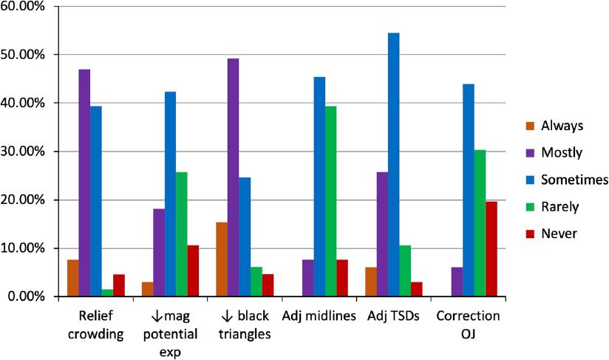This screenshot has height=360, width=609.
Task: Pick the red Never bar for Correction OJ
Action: [x=491, y=248]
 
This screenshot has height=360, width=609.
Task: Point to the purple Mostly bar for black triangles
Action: [x=233, y=177]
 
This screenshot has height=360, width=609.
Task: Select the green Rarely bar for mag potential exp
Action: [x=181, y=234]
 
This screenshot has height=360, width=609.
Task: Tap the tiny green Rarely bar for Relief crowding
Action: [x=107, y=293]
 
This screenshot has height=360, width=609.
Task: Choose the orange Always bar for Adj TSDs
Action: [x=370, y=282]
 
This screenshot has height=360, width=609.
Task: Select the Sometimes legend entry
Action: [x=574, y=180]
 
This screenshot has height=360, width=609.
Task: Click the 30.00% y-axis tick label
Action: [x=24, y=152]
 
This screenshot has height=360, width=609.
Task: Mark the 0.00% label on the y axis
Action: [x=27, y=296]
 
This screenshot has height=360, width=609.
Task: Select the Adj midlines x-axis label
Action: [x=319, y=316]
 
